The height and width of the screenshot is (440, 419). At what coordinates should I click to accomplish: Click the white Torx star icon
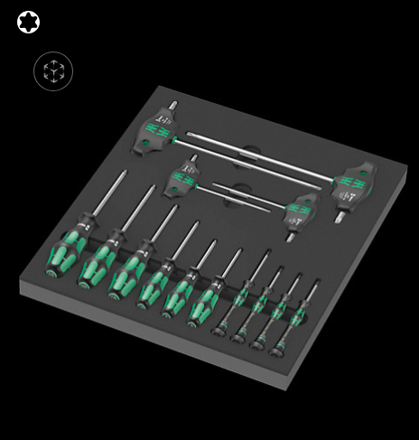pyautogui.click(x=28, y=22)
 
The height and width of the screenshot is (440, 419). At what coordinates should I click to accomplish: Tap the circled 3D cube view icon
pyautogui.click(x=53, y=71)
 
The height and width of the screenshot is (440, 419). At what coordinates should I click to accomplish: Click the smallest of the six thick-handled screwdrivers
pyautogui.click(x=205, y=304)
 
